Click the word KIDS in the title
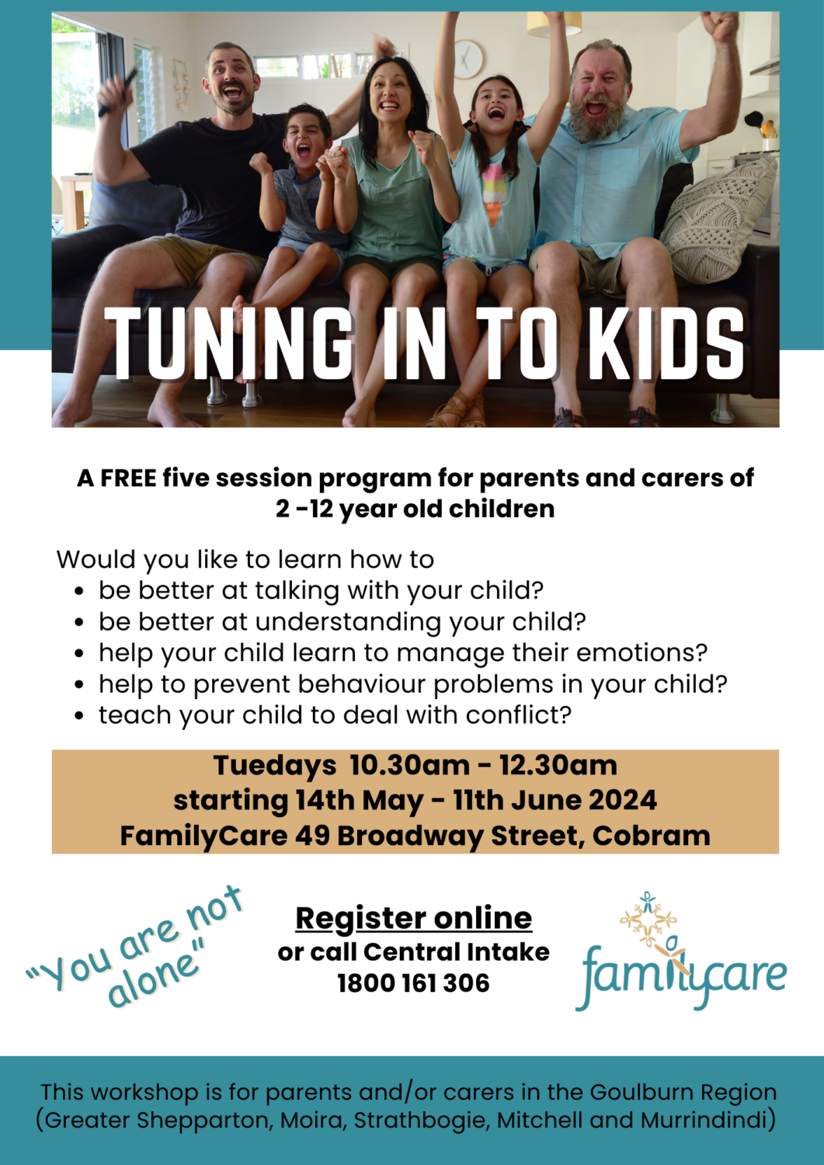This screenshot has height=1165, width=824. pyautogui.click(x=666, y=343)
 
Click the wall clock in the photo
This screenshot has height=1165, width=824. pyautogui.click(x=468, y=59)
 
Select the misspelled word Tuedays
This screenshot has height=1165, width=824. pyautogui.click(x=275, y=766)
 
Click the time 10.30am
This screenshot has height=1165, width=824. pyautogui.click(x=409, y=765)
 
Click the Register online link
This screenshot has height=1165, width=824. pyautogui.click(x=413, y=918)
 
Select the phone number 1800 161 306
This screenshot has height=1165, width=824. pyautogui.click(x=413, y=983)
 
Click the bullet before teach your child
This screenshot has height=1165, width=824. pyautogui.click(x=79, y=716)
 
